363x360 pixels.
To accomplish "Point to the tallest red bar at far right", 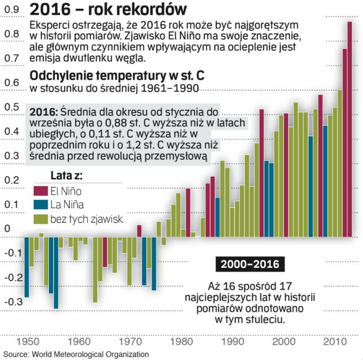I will coord(349,129).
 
